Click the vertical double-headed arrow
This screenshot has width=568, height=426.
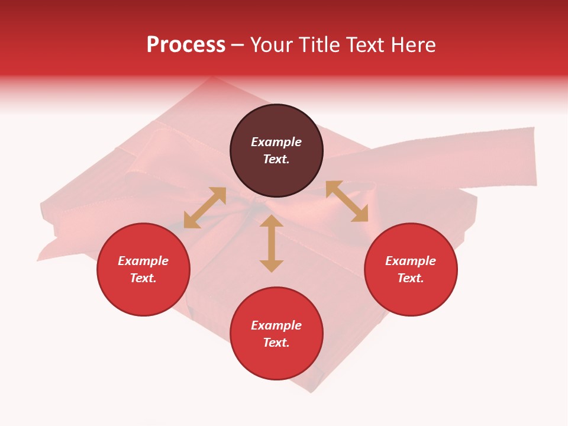coord(272,243)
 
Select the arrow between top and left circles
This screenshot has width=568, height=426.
coord(205,208)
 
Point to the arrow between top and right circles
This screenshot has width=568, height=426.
coord(347,201)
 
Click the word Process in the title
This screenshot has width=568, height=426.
coord(186,44)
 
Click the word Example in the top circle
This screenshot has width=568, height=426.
coord(276,142)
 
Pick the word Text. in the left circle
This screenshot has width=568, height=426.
coord(143,278)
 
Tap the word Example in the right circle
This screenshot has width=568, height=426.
coord(411,261)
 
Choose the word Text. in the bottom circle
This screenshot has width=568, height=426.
coord(276,343)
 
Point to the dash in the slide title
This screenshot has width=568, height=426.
coord(237,46)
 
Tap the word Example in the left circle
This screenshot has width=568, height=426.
coord(143,261)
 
